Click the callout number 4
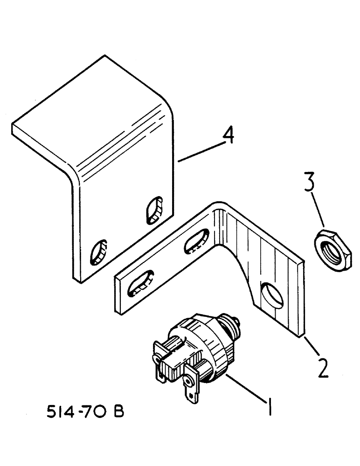coord(228,137)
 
